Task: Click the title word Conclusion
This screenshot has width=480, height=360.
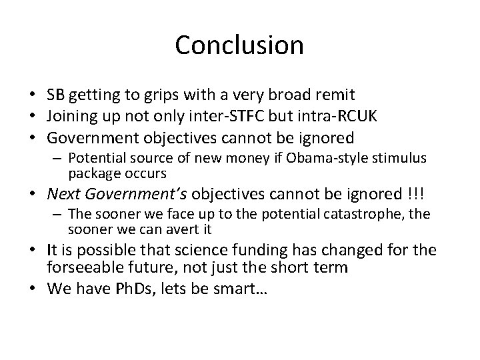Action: point(239,45)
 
